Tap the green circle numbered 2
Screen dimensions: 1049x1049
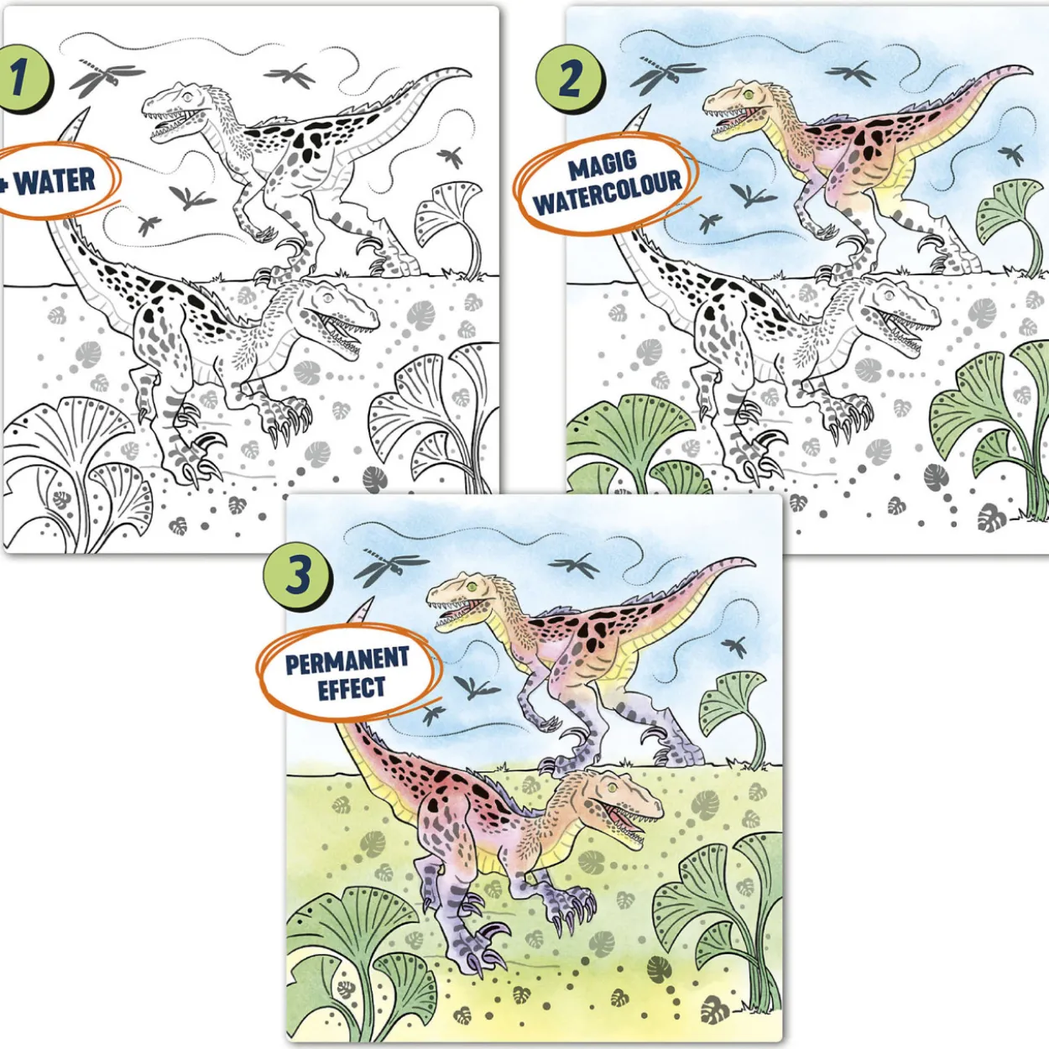click(x=570, y=80)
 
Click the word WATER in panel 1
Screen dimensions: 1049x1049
click(x=55, y=180)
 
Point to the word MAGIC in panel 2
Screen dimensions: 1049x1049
click(x=603, y=163)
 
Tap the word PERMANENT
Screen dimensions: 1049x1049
click(x=347, y=660)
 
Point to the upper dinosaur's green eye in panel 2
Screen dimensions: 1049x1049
click(x=749, y=95)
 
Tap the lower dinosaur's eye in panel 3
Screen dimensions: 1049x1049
click(x=613, y=788)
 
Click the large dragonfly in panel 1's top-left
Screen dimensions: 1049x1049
click(x=107, y=77)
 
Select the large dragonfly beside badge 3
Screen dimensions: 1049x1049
click(x=389, y=566)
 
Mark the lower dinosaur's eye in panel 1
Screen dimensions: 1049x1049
click(x=328, y=298)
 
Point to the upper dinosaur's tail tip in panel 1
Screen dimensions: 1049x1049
click(x=469, y=70)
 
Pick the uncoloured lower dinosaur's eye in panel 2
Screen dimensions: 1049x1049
click(x=889, y=296)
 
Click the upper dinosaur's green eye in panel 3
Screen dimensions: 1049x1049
click(x=472, y=587)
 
